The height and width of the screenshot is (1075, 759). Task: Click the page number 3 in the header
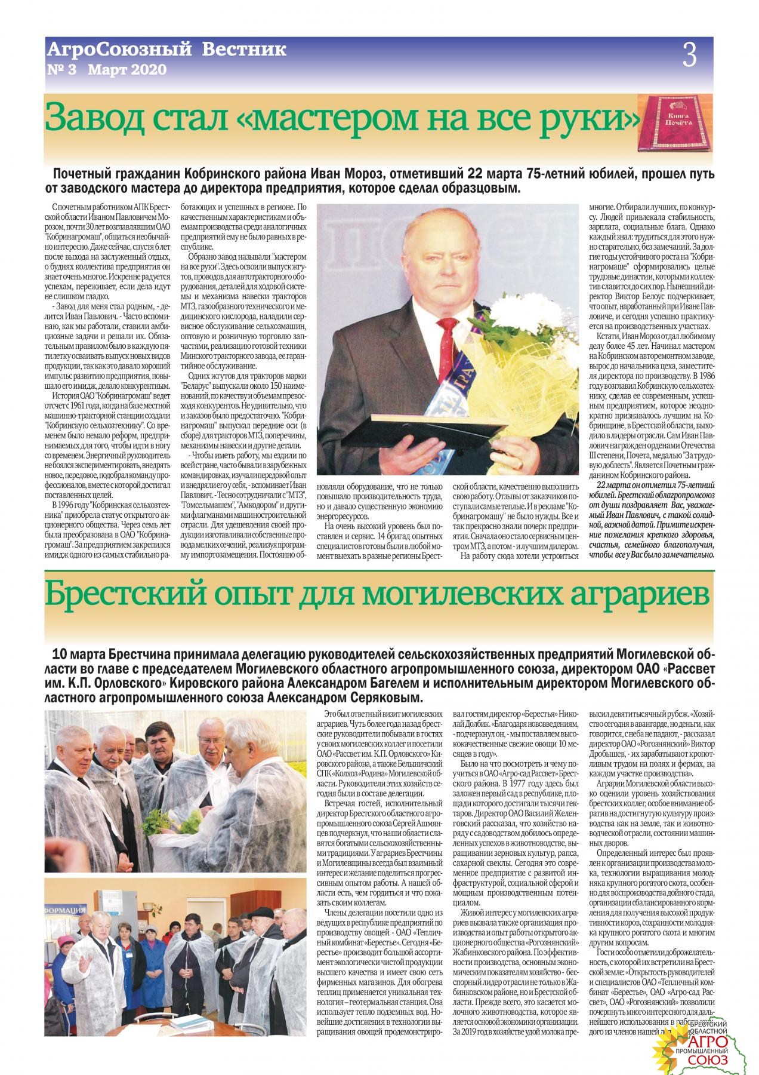click(x=690, y=57)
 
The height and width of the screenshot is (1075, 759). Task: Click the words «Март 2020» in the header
click(x=126, y=70)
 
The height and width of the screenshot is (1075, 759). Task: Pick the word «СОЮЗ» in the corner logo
click(x=708, y=1059)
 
